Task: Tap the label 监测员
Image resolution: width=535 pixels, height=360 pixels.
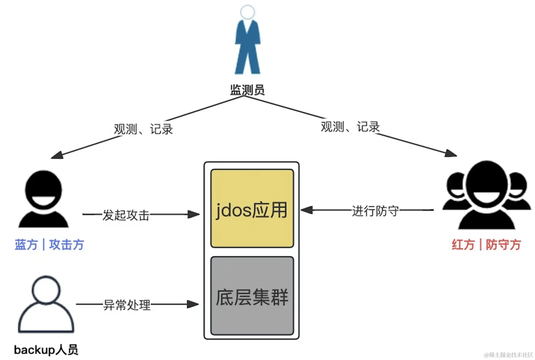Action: pyautogui.click(x=247, y=90)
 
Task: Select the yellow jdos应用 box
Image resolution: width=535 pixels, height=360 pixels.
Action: pyautogui.click(x=252, y=209)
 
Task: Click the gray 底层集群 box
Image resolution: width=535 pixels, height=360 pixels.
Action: pyautogui.click(x=252, y=296)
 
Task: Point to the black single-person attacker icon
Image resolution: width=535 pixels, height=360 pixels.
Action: pyautogui.click(x=44, y=199)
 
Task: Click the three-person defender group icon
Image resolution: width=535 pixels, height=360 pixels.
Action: pyautogui.click(x=487, y=196)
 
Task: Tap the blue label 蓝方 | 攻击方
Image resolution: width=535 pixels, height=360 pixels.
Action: pyautogui.click(x=49, y=245)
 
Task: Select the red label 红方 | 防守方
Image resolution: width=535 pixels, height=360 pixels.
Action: pyautogui.click(x=487, y=245)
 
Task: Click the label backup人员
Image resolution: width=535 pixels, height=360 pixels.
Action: pyautogui.click(x=46, y=350)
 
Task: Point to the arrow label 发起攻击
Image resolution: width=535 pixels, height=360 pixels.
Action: pyautogui.click(x=126, y=215)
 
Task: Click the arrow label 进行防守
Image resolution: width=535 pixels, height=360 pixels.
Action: pyautogui.click(x=375, y=211)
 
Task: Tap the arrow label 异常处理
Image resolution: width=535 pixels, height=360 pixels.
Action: pyautogui.click(x=127, y=305)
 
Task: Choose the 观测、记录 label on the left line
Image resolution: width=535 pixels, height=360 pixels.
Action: pyautogui.click(x=143, y=129)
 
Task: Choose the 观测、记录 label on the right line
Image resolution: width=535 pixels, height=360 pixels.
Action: pyautogui.click(x=350, y=127)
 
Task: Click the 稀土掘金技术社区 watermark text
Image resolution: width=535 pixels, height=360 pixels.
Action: pyautogui.click(x=508, y=355)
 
